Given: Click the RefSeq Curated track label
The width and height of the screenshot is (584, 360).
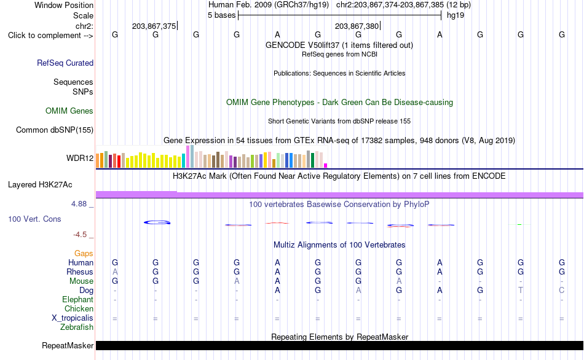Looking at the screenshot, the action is coord(65,63).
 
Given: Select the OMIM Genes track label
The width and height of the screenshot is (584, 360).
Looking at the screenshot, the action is coord(69,111).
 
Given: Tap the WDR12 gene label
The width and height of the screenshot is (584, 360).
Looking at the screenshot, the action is coord(80,158).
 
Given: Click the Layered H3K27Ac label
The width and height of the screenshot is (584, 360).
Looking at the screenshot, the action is coord(40,185).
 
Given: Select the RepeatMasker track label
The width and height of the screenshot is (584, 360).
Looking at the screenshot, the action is coord(68,345).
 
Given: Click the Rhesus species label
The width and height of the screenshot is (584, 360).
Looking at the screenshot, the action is coord(80,272).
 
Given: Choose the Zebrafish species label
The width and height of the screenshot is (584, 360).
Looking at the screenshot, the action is coord(77,327).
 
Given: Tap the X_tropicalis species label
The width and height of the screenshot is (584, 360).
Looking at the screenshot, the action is coord(73,318).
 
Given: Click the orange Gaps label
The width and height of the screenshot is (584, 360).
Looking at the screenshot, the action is coord(84,254).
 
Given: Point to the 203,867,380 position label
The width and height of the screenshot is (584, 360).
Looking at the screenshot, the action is coord(357,26).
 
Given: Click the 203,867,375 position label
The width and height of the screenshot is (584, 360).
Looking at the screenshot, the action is coord(154,26).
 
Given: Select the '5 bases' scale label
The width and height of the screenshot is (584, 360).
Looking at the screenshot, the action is coord(221,15).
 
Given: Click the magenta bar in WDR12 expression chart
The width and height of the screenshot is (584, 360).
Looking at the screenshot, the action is coord(326,166).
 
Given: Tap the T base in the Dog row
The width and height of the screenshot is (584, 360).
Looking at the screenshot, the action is coord(521,291).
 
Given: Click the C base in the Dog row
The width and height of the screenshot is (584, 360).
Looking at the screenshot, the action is coord(562,291).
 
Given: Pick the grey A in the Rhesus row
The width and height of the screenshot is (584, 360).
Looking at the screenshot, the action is coord(115,272).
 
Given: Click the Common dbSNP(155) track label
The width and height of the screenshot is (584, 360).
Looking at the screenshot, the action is coord(55,130).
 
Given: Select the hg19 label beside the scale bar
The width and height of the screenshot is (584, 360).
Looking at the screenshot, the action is coord(456,15).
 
